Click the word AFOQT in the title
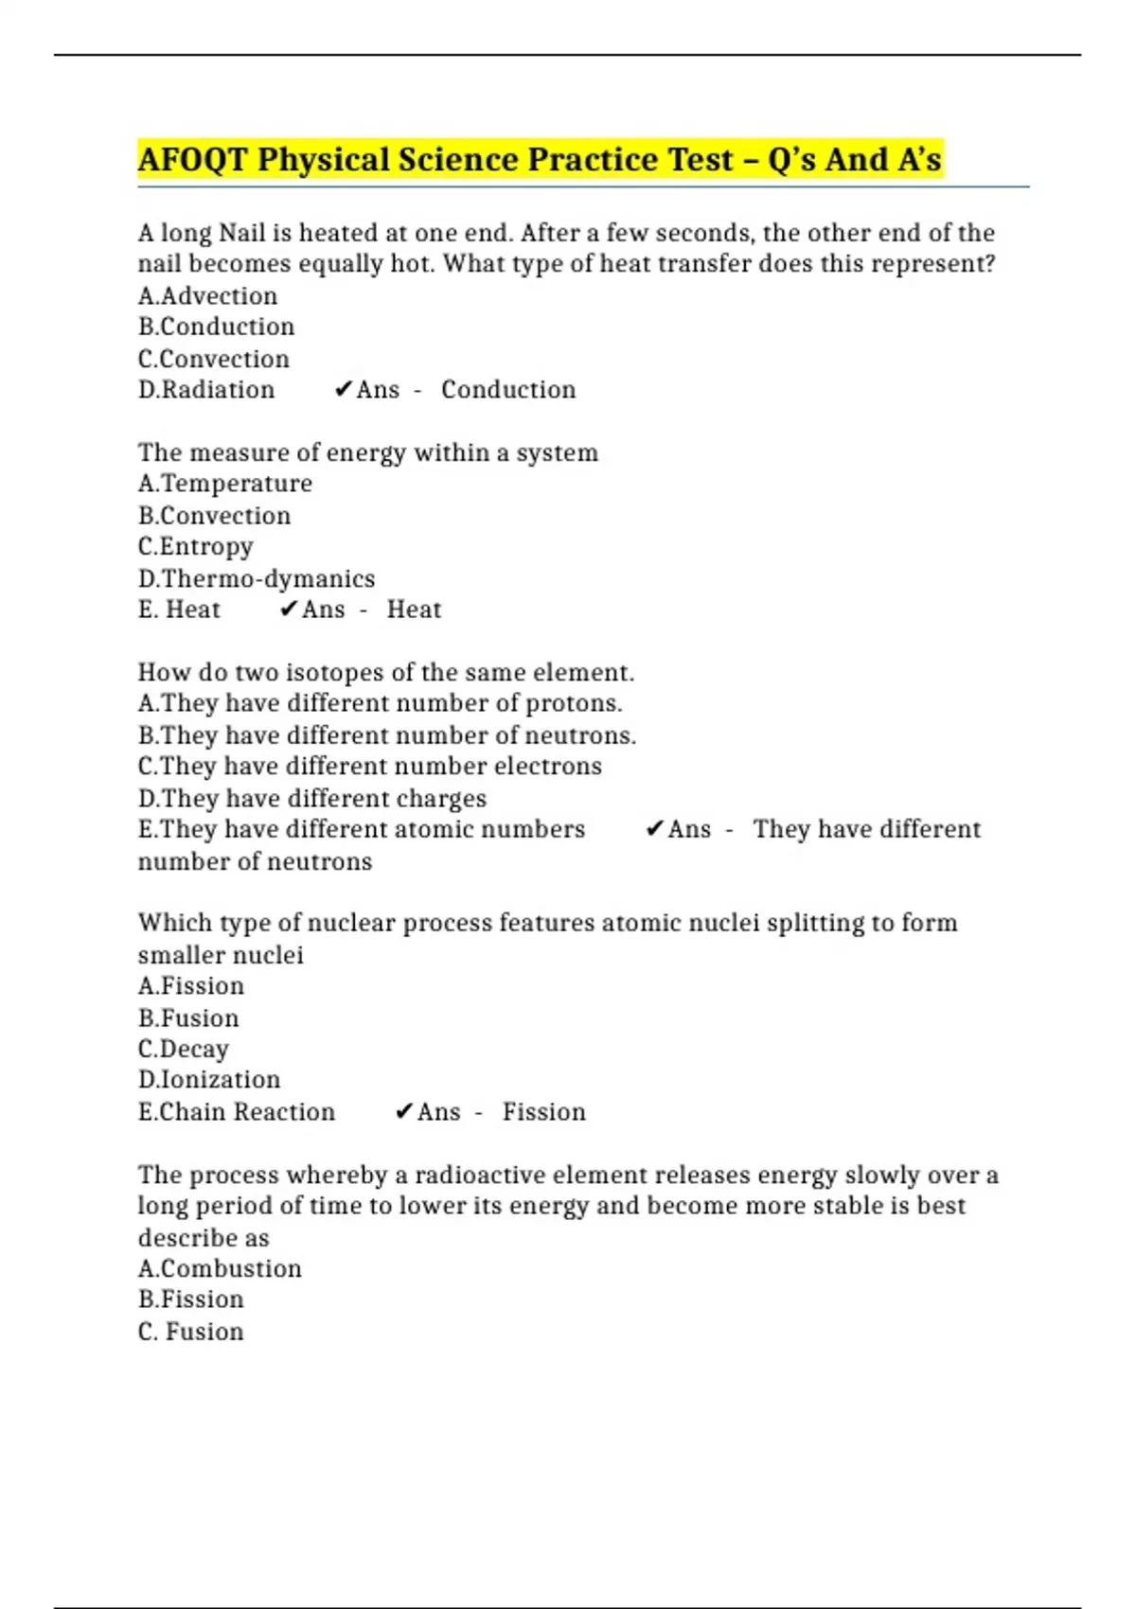(x=192, y=160)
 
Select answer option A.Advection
(x=207, y=296)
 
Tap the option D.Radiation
(x=206, y=390)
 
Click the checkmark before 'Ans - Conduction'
(x=343, y=390)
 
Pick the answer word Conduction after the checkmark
(x=508, y=390)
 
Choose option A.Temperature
(x=224, y=484)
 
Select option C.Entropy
(x=195, y=547)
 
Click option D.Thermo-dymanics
(x=256, y=578)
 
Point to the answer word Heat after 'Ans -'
(x=414, y=610)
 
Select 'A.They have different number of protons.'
(x=380, y=703)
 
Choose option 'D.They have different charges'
(x=311, y=799)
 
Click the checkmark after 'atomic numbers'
(x=654, y=830)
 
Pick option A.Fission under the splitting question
(x=190, y=986)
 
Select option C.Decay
(x=183, y=1049)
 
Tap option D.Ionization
(x=208, y=1080)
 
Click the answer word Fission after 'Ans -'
(x=543, y=1112)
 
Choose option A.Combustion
(x=220, y=1269)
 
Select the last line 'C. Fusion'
(x=190, y=1332)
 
